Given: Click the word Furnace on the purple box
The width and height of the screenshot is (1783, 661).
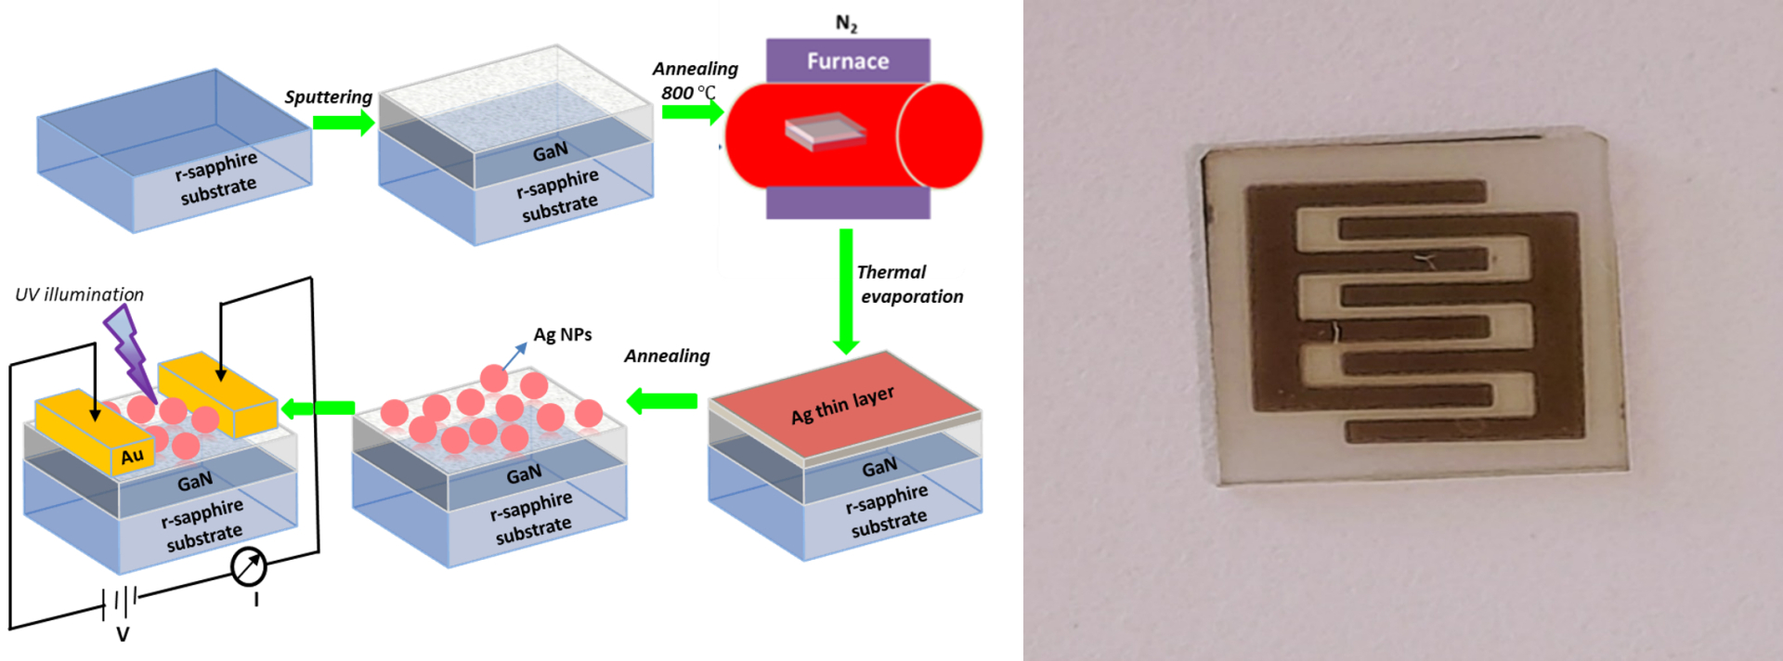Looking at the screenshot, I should pos(847,61).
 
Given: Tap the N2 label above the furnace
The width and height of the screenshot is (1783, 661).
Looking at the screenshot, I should pos(846,23).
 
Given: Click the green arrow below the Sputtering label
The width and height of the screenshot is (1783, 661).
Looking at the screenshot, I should pos(343,123).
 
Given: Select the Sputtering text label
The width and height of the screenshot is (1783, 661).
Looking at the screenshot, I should pos(328,97).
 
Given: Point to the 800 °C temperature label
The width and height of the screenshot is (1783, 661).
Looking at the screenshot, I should pos(688,93).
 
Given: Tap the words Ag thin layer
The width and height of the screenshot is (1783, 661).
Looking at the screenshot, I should pos(842,405).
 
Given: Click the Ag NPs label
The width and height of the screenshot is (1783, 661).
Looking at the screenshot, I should pos(562,335).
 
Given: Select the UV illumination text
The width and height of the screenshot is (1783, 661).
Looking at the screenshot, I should pos(80,294).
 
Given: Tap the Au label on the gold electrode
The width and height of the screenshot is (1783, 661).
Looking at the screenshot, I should pos(132,456).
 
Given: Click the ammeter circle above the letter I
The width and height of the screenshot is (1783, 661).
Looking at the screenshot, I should pos(248,566).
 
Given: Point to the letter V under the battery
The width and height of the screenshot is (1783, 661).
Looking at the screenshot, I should pos(123,635).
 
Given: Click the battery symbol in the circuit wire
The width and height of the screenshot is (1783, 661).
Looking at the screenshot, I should pos(121,602).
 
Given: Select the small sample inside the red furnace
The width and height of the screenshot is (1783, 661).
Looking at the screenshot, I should pos(825,131).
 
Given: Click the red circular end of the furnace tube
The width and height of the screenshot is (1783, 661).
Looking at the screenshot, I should pos(940,136).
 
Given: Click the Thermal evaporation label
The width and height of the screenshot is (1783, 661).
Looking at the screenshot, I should pos(909,284).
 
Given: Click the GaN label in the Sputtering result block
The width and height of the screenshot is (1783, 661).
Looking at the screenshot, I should pos(550,151).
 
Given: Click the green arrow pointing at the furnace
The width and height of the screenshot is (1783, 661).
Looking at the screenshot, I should pos(692,111).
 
